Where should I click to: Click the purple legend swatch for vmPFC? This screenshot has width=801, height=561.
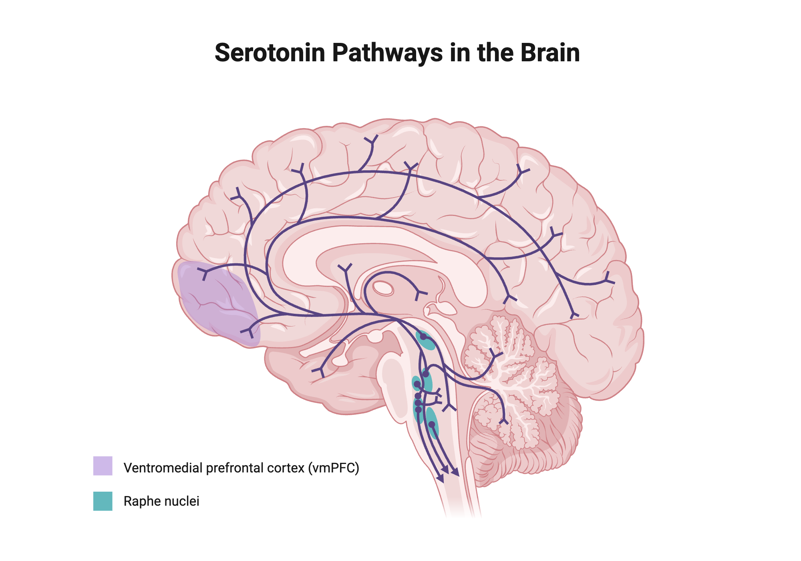tap(103, 466)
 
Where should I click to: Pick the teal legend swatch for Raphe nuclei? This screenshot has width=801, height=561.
tap(103, 501)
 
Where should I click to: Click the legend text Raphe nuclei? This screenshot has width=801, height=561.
tap(161, 501)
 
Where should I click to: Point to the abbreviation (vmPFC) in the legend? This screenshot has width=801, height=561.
tap(334, 468)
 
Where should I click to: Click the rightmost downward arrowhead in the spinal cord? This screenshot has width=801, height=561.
tap(455, 472)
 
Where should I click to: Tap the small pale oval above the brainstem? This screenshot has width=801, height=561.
tap(383, 288)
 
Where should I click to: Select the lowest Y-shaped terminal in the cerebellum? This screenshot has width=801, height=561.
tap(504, 421)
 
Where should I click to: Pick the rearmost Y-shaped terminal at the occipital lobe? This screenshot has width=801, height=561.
tap(609, 279)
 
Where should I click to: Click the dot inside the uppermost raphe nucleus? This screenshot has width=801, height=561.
tap(423, 337)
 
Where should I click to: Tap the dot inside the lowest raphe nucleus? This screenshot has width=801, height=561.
tap(432, 424)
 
